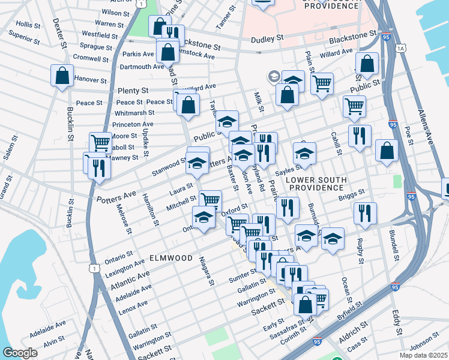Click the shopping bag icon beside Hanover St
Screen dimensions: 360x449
[x=62, y=76]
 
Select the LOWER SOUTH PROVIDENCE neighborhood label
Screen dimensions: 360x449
[x=316, y=183]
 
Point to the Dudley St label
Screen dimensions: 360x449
[x=267, y=38]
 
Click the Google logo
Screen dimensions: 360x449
[x=20, y=353]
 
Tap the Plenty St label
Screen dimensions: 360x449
[x=133, y=91]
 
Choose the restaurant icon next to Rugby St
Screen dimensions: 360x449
[x=365, y=214]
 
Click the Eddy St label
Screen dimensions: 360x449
[x=396, y=322]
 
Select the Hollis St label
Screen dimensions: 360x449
[x=28, y=25]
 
